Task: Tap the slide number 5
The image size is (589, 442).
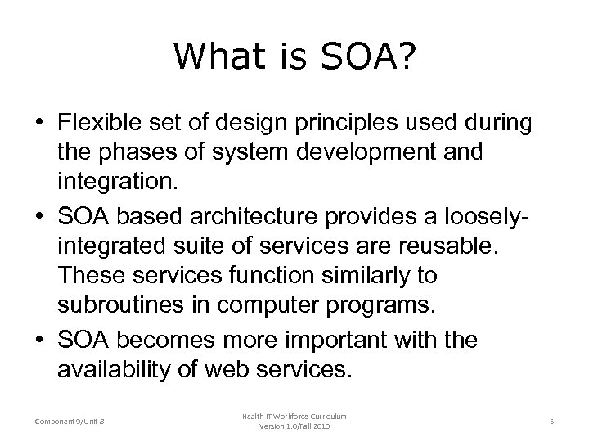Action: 552,421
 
